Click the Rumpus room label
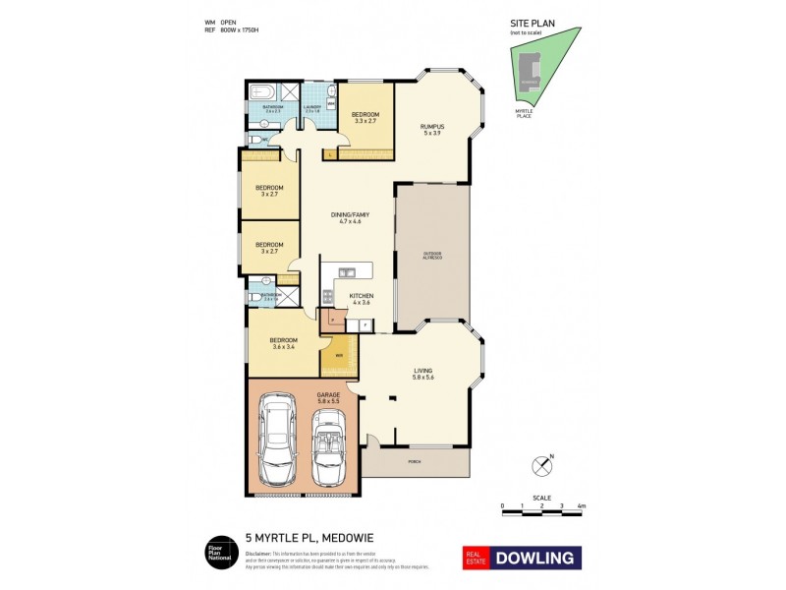tap(433, 126)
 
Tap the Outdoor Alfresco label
tap(432, 256)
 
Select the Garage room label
tap(328, 394)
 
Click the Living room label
tap(423, 371)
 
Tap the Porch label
tap(415, 460)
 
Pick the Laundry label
tap(311, 108)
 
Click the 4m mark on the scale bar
tap(582, 505)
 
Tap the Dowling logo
tap(521, 558)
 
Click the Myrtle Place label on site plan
tap(524, 113)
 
